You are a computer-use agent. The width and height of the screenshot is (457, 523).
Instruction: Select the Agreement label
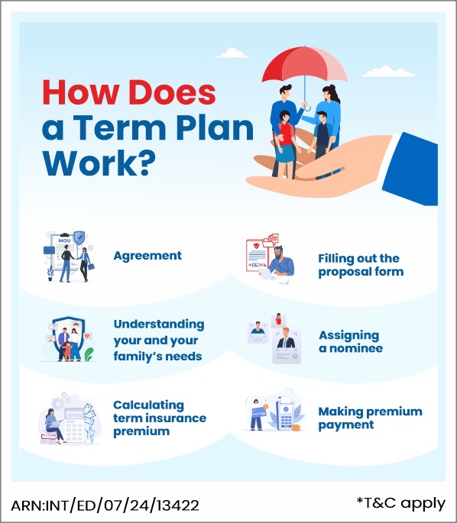coord(147,256)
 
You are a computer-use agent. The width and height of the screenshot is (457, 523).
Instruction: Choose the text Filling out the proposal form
coord(359,265)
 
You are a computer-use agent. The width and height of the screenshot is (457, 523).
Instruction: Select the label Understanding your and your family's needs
coord(158,340)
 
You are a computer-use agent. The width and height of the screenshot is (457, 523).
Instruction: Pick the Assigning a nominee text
coord(350,341)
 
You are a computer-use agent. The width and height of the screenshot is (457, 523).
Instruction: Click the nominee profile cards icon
coord(275,338)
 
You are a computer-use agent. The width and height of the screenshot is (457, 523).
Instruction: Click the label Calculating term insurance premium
coord(160,418)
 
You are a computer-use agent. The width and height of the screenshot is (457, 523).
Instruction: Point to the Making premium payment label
coord(370,418)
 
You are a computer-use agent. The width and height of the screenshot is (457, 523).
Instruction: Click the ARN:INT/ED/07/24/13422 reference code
coord(105,505)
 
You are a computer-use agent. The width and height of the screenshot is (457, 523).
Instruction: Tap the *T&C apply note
coord(400,502)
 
